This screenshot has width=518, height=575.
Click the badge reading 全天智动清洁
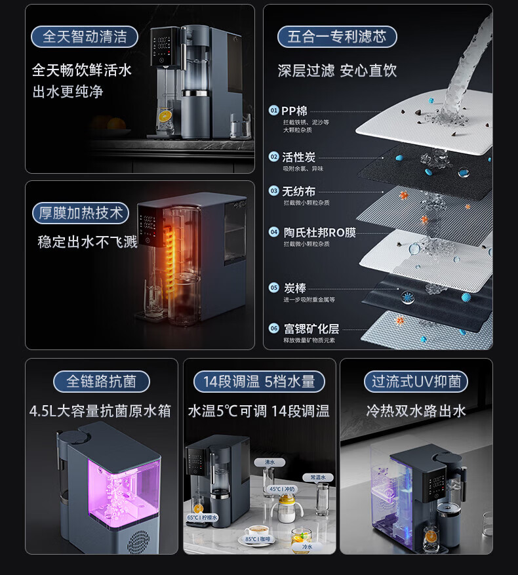pyautogui.click(x=85, y=36)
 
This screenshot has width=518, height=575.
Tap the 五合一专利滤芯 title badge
pyautogui.click(x=337, y=36)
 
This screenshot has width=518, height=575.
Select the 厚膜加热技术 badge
pyautogui.click(x=81, y=213)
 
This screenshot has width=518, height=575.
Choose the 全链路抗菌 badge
pyautogui.click(x=101, y=381)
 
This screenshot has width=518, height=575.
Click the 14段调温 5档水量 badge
pyautogui.click(x=259, y=381)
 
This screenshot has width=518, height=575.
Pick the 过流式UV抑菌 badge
pyautogui.click(x=416, y=381)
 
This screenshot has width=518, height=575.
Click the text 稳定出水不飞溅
pyautogui.click(x=87, y=241)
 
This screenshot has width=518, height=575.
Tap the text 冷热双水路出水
pyautogui.click(x=416, y=411)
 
